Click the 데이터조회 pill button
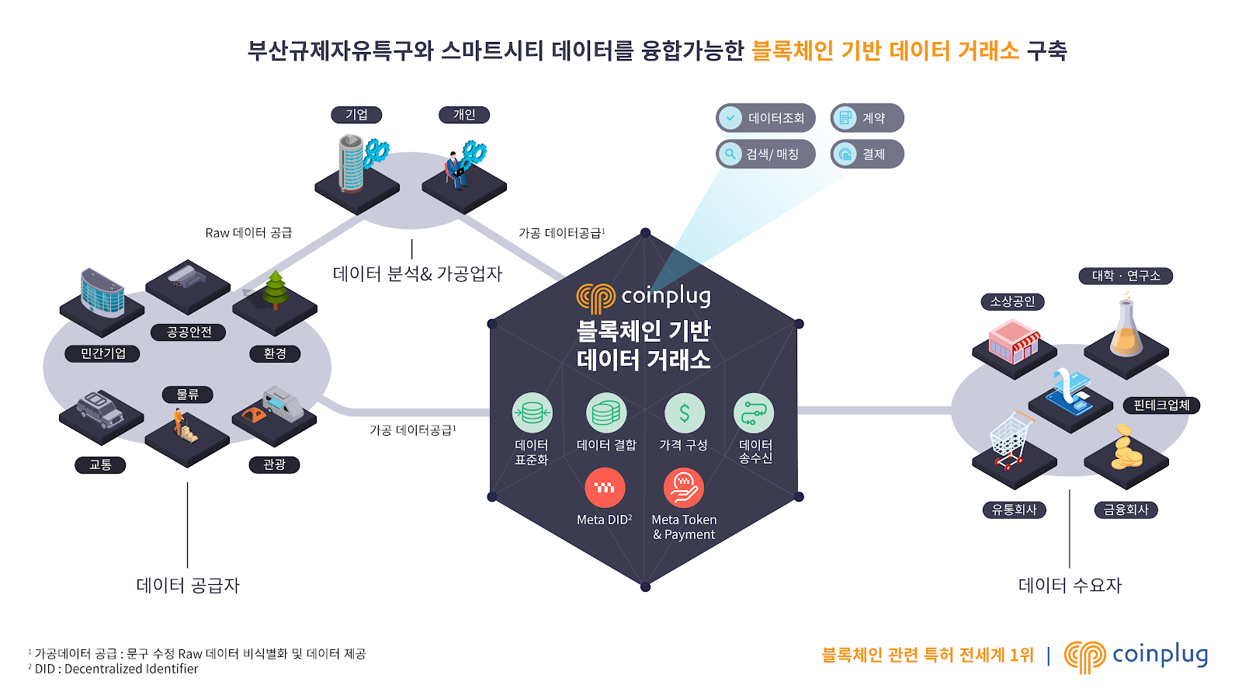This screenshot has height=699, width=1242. point(765,118)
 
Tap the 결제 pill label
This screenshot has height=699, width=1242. point(868,154)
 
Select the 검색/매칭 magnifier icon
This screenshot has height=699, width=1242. point(730,154)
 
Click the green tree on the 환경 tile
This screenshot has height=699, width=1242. point(275,289)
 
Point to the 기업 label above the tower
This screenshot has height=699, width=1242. point(356,115)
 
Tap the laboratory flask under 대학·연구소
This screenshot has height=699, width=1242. point(1126,329)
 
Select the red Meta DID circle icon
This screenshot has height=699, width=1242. point(605,488)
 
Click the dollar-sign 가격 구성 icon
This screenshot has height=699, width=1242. point(684,412)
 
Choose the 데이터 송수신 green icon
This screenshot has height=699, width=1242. point(754,412)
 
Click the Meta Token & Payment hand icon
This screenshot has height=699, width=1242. point(684,488)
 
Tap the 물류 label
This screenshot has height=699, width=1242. point(188,395)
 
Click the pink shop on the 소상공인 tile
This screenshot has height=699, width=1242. point(1013,343)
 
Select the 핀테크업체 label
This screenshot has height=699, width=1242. point(1161,405)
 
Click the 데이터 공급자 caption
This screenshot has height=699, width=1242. point(188,585)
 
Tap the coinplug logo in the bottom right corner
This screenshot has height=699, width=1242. point(1136,656)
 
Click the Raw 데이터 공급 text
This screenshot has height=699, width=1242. point(248,232)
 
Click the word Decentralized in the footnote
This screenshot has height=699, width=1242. point(109,669)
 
